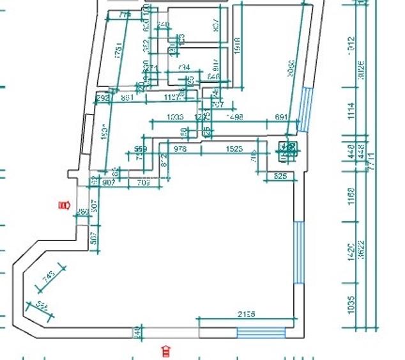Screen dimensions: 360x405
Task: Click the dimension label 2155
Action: pyautogui.click(x=247, y=314)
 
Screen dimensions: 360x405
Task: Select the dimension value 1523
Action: pyautogui.click(x=234, y=149)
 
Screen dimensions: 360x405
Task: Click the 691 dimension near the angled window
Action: pyautogui.click(x=282, y=117)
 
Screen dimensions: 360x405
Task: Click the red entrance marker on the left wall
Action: pyautogui.click(x=63, y=205)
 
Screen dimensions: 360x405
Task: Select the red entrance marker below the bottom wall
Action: pyautogui.click(x=167, y=350)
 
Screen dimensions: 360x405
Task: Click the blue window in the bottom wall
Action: pyautogui.click(x=261, y=332)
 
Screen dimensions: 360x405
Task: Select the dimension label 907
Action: pyautogui.click(x=109, y=182)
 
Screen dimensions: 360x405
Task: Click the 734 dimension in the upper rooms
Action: pyautogui.click(x=183, y=67)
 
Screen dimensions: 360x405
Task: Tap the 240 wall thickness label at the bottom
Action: pyautogui.click(x=136, y=331)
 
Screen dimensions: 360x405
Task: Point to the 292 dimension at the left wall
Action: pyautogui.click(x=102, y=98)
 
